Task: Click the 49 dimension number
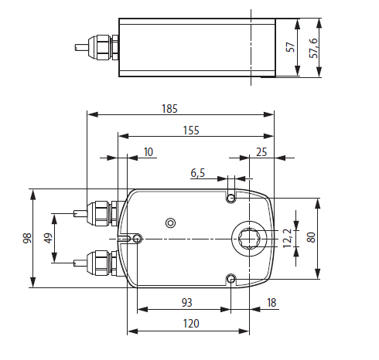click(x=49, y=238)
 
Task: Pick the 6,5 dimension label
click(x=198, y=173)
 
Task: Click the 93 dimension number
click(x=186, y=302)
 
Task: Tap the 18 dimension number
click(x=271, y=302)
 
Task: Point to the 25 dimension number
click(x=261, y=152)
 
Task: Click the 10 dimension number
click(x=148, y=152)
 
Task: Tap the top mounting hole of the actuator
click(x=231, y=199)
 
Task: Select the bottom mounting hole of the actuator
click(x=231, y=277)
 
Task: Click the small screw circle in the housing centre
click(x=170, y=222)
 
